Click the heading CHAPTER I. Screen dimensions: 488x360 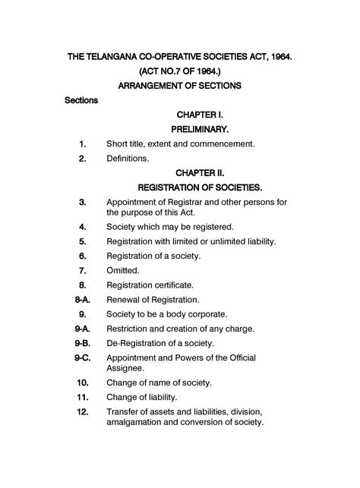200,115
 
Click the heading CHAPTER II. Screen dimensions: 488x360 201,172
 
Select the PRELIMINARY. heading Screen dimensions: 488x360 201,129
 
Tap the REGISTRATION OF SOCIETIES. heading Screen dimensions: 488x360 200,187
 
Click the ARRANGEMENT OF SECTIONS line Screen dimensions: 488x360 180,86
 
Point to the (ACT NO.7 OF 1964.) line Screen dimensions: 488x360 180,71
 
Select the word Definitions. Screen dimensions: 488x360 128,159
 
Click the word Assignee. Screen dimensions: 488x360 128,367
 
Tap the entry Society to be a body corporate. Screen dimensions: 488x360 167,314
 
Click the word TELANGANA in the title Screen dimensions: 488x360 118,57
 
